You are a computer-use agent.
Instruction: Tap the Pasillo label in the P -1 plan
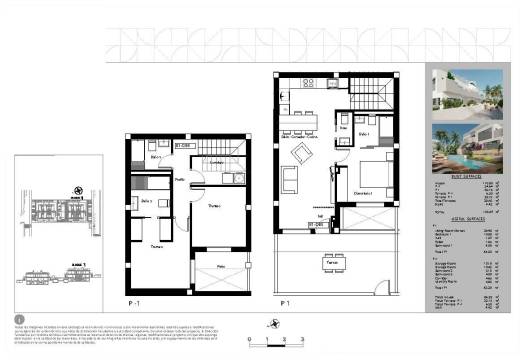coord(180,180)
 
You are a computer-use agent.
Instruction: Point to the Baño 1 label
coord(364,133)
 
